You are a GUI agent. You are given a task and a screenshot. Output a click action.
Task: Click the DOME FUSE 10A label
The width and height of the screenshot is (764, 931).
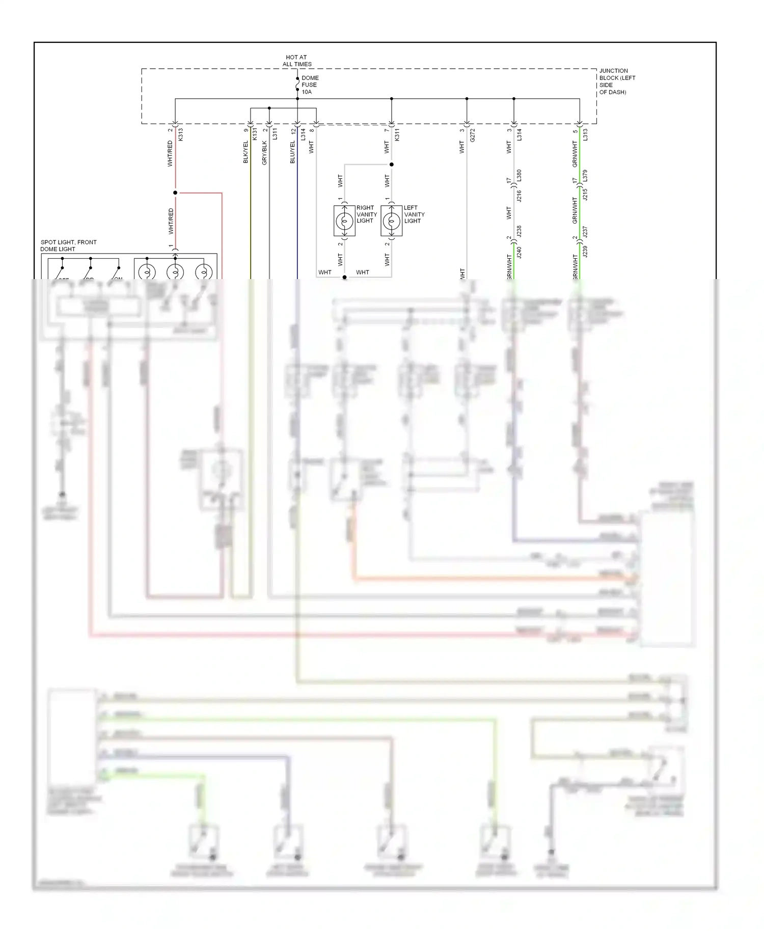tap(310, 85)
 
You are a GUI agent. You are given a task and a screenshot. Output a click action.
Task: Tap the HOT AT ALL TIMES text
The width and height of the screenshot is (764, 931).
tap(297, 61)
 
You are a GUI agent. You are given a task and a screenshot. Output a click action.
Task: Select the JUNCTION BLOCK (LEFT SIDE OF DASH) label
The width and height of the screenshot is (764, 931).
tap(617, 81)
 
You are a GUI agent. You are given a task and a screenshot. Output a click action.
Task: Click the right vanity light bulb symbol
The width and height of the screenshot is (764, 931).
tap(344, 222)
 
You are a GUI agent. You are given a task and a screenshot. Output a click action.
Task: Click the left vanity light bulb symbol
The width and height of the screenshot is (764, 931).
tap(391, 222)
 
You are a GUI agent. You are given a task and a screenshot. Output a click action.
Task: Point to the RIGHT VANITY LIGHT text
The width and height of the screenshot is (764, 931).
tap(366, 214)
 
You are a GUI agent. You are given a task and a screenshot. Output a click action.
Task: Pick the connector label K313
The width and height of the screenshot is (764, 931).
tap(181, 134)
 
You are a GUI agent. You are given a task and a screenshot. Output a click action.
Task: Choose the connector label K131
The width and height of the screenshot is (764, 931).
tap(255, 134)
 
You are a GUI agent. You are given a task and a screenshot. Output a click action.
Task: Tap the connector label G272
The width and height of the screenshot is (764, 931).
tap(473, 134)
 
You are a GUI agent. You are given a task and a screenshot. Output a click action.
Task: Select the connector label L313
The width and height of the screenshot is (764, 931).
tap(586, 134)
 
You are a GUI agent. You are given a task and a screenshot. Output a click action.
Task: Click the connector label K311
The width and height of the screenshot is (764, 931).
tap(397, 134)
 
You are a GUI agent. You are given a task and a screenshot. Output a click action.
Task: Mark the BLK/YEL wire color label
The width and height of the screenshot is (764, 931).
tap(245, 152)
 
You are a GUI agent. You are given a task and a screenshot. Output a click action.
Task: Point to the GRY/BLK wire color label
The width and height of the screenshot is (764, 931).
tap(264, 153)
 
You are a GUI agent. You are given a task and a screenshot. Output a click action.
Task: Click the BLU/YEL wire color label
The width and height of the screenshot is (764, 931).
tap(292, 152)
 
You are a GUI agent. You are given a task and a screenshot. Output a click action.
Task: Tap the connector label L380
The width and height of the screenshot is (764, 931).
tap(520, 176)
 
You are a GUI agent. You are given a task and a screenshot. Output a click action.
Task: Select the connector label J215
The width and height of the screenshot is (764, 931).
tap(585, 195)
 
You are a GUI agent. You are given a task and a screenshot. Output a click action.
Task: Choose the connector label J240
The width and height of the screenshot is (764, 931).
tap(520, 252)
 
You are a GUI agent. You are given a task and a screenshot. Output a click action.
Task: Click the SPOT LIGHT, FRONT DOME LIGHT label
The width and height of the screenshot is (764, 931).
tap(68, 245)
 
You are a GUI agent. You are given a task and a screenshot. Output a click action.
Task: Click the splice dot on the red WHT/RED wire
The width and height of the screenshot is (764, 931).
tap(175, 193)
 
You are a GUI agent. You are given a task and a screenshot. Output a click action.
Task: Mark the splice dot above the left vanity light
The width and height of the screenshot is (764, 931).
tap(391, 165)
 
